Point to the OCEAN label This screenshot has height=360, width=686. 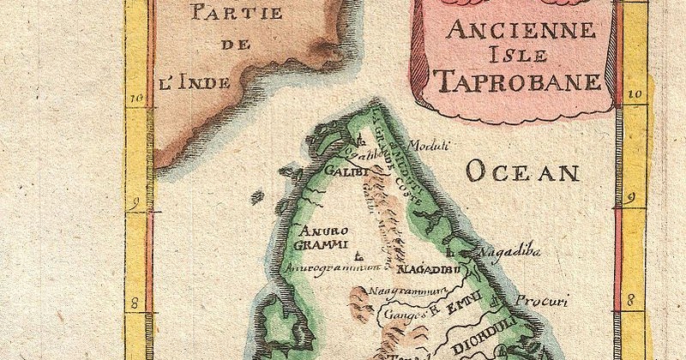click(x=522, y=172)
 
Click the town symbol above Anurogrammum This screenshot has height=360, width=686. click(x=358, y=255)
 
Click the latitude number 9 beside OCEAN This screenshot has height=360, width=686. click(x=632, y=199)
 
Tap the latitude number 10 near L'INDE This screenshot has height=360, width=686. click(x=135, y=99)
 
